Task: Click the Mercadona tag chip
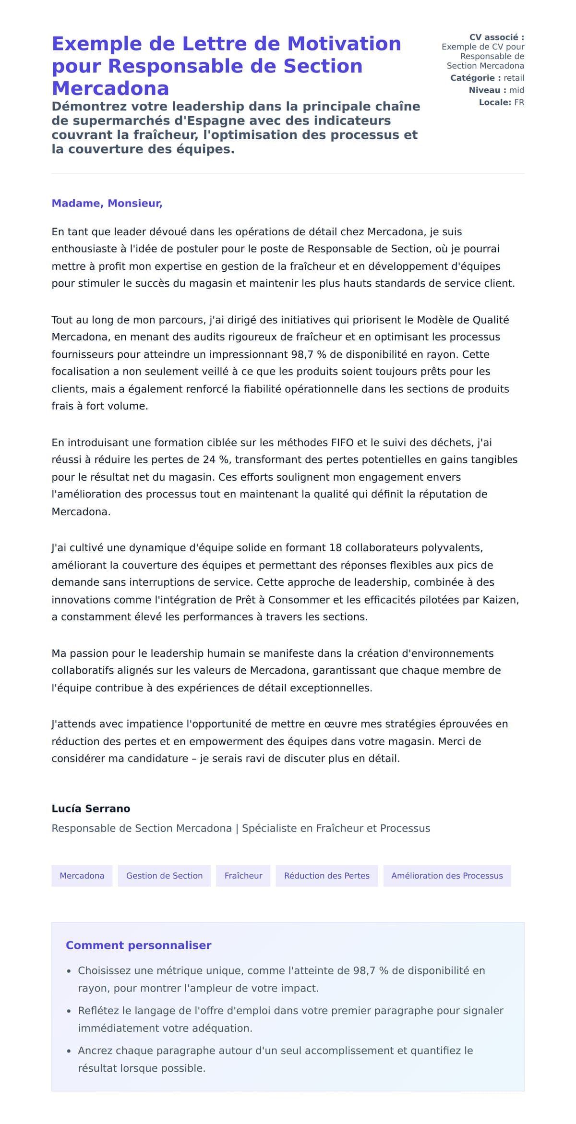tap(82, 875)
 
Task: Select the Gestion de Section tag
tap(164, 875)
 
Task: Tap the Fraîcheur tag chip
tap(243, 875)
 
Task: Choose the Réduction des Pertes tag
tap(326, 875)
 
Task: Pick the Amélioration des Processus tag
tap(446, 875)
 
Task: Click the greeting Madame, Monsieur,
tap(107, 203)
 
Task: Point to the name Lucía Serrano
tap(91, 809)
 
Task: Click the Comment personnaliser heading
tap(138, 945)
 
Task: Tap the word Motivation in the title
tap(344, 44)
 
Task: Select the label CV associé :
tap(496, 37)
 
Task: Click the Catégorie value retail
tap(514, 78)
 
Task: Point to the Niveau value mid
tap(516, 90)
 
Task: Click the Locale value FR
tap(519, 102)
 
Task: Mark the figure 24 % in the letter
tap(216, 459)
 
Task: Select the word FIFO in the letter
tap(342, 442)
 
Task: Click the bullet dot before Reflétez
tap(69, 1012)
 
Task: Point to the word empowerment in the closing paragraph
tap(226, 741)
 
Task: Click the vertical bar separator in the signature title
tap(237, 828)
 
